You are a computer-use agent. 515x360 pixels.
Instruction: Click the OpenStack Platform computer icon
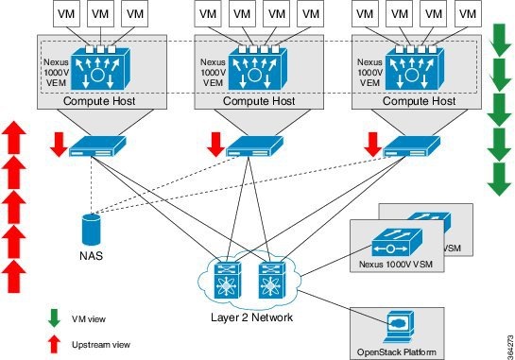click(x=394, y=323)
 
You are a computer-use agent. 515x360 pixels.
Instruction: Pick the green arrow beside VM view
click(x=55, y=317)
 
